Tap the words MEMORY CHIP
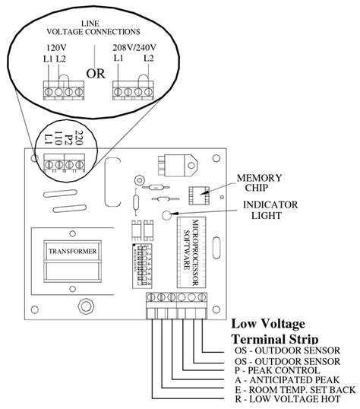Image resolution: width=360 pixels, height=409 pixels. (257, 182)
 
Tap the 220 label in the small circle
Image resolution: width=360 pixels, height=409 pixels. (81, 138)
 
